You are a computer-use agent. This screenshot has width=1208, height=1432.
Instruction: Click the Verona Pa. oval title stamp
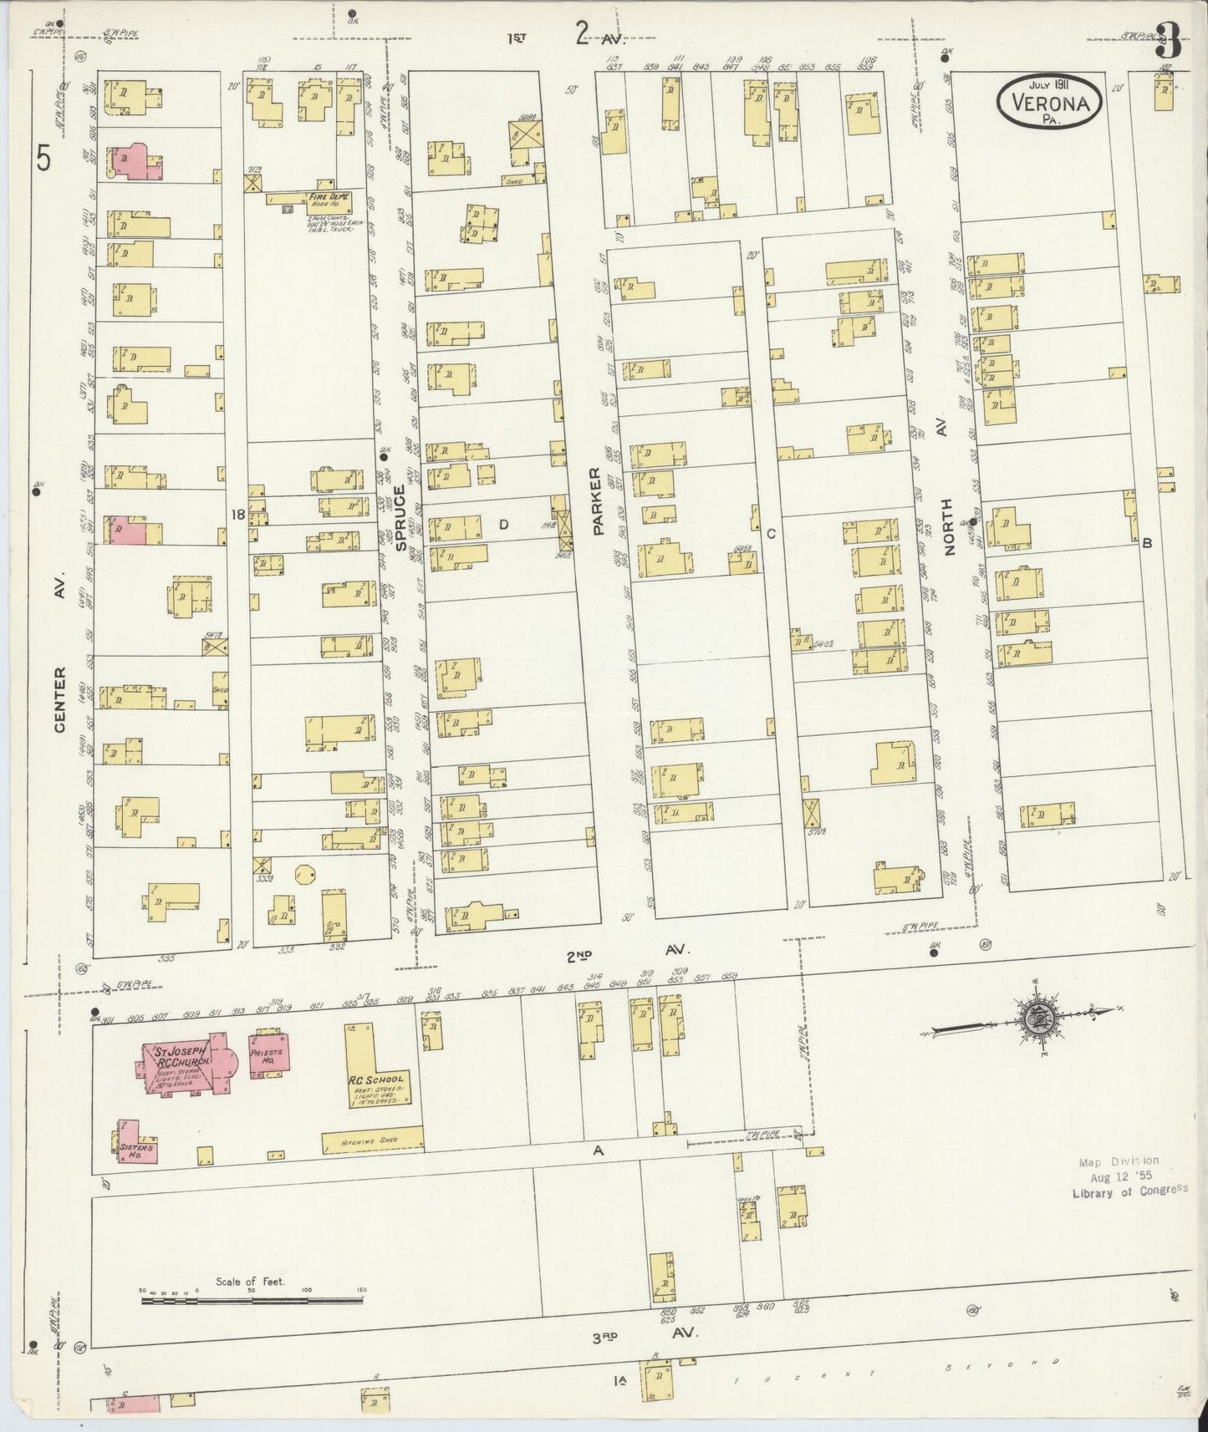(1049, 99)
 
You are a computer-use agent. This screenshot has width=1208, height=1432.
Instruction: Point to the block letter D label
(504, 525)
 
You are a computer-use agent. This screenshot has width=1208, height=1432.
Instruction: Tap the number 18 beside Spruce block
(238, 515)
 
